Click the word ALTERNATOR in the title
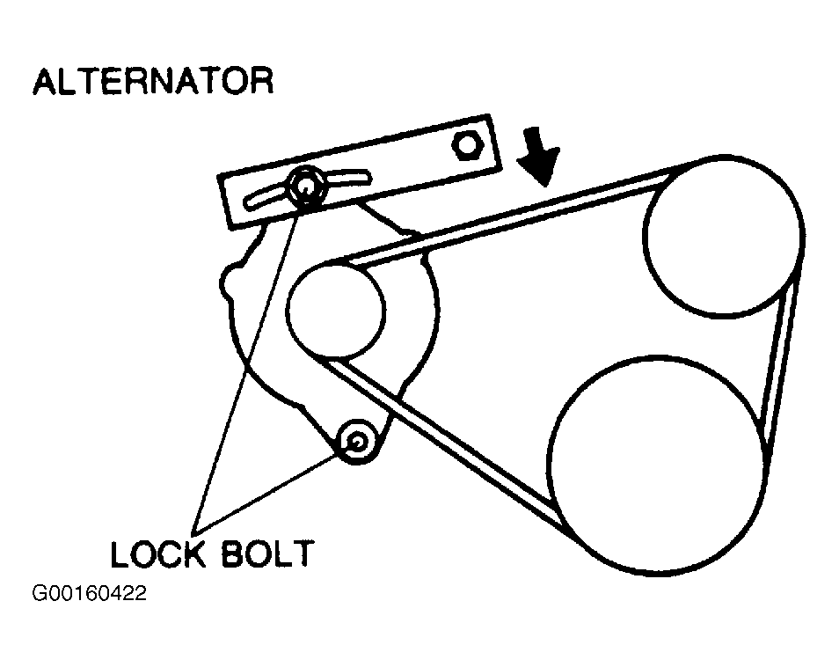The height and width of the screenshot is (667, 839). pyautogui.click(x=153, y=82)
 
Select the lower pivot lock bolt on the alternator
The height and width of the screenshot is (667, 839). pyautogui.click(x=358, y=441)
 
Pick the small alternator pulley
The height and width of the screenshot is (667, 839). pyautogui.click(x=335, y=312)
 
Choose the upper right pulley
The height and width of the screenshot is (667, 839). pyautogui.click(x=723, y=238)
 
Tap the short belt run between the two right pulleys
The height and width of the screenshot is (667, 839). pyautogui.click(x=782, y=370)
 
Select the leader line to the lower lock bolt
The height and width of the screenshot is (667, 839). pyautogui.click(x=273, y=487)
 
